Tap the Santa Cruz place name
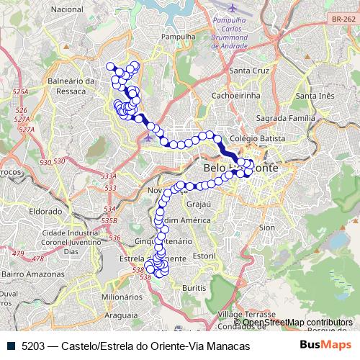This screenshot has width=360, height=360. pyautogui.click(x=248, y=71)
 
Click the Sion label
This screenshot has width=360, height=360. pyautogui.click(x=267, y=227)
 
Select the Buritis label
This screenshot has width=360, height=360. pyautogui.click(x=194, y=287)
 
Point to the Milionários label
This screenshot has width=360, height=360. pyautogui.click(x=121, y=296)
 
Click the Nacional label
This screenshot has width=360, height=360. pyautogui.click(x=68, y=9)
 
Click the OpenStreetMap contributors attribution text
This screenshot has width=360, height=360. pyautogui.click(x=297, y=323)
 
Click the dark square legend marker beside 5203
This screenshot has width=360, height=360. pyautogui.click(x=12, y=346)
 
